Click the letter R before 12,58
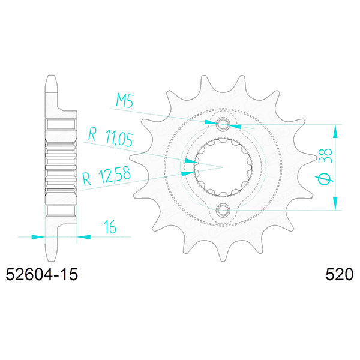(86, 177)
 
